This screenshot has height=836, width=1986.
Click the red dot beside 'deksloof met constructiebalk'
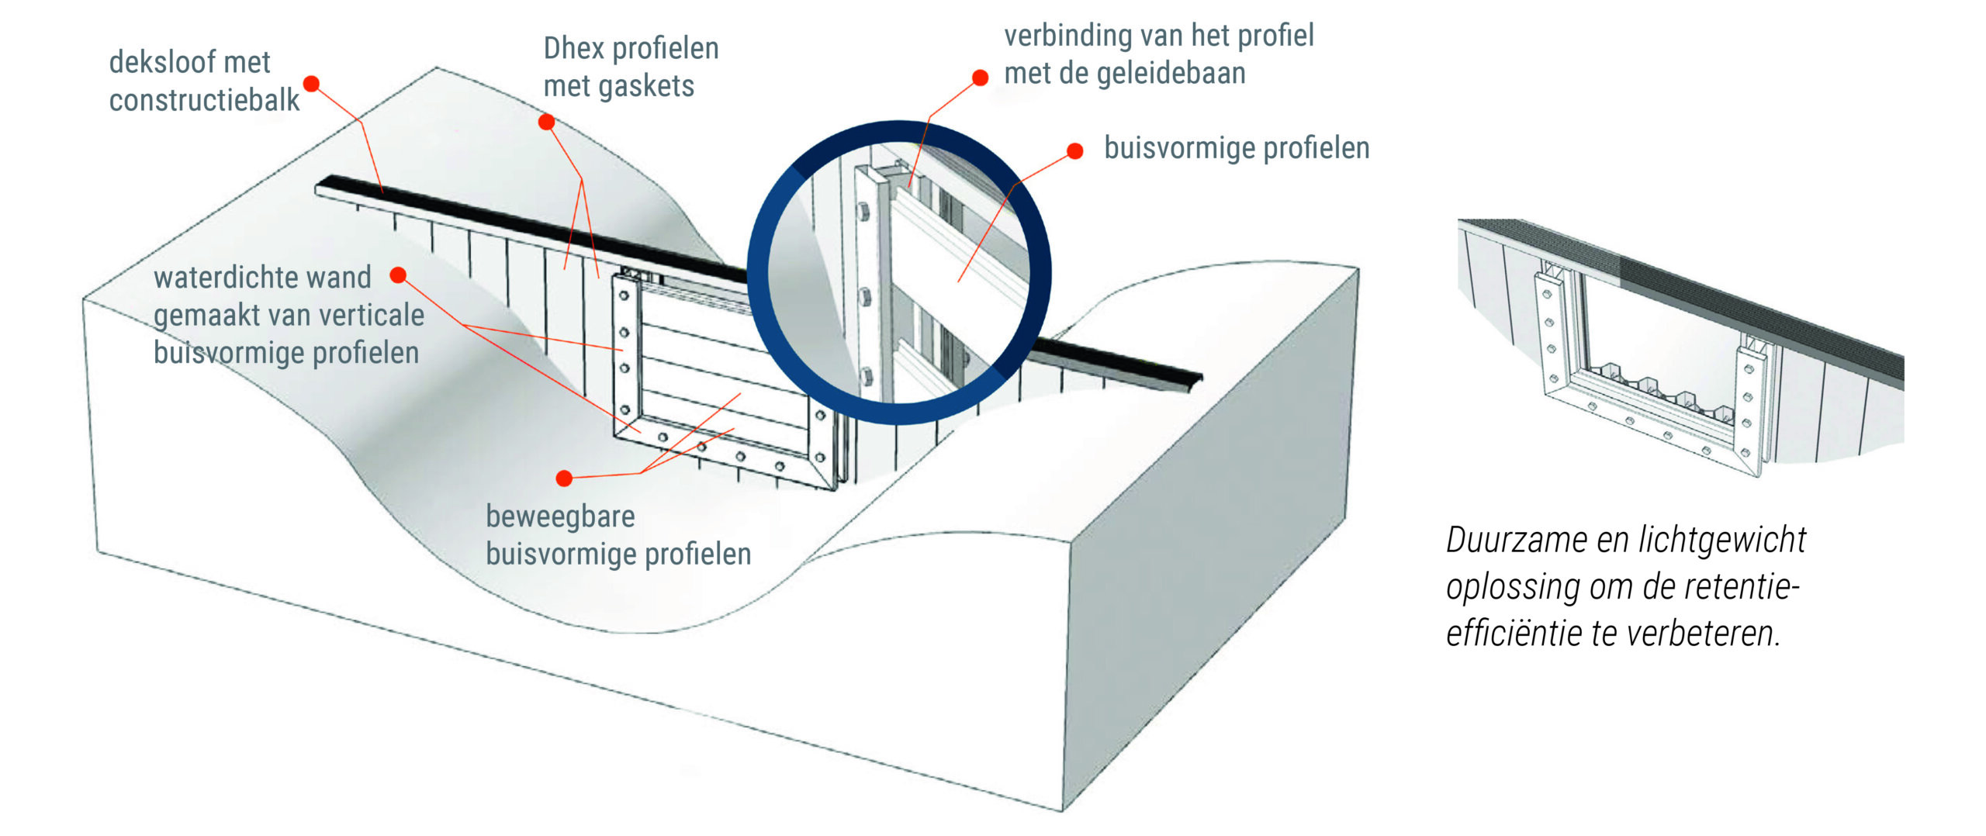tap(312, 84)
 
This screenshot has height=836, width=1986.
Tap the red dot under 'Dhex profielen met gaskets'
tap(547, 122)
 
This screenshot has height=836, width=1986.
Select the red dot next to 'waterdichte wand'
tap(399, 275)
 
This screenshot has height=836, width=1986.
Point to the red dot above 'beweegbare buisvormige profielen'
tap(565, 478)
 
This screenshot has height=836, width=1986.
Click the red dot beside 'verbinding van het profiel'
tap(981, 78)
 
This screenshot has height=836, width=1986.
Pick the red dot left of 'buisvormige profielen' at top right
tap(1075, 150)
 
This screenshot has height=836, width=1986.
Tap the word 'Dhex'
tap(574, 48)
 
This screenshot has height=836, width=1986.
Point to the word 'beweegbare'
tap(560, 516)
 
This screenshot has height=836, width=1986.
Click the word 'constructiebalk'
tap(204, 100)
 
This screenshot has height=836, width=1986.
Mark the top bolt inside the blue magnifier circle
tap(863, 212)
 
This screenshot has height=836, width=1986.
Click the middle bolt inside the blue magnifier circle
tap(865, 295)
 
